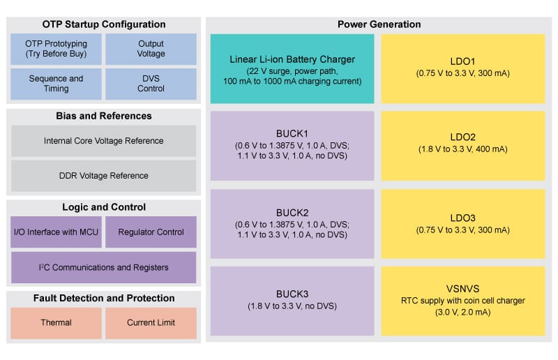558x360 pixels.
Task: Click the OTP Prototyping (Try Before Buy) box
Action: click(x=56, y=49)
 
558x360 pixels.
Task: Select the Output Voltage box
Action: click(x=151, y=49)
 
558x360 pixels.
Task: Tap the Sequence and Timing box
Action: click(x=56, y=84)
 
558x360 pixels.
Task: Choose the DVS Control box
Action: click(x=151, y=84)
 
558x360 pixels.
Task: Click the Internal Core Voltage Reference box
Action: click(x=103, y=141)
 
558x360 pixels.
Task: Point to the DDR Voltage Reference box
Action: click(x=103, y=176)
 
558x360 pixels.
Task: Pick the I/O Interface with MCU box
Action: click(x=56, y=232)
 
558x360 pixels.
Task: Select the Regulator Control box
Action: click(x=151, y=232)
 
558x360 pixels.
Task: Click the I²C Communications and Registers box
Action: click(x=103, y=267)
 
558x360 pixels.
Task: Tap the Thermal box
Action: click(x=56, y=323)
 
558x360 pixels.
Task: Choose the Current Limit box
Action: click(x=151, y=323)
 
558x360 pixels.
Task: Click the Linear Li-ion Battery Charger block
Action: click(x=292, y=68)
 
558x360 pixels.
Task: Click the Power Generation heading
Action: click(x=379, y=24)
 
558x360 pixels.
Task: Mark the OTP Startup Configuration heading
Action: click(x=104, y=24)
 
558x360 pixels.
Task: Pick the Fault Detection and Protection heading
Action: click(x=104, y=299)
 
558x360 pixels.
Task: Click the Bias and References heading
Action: click(x=104, y=116)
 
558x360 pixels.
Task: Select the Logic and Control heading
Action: click(x=104, y=207)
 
